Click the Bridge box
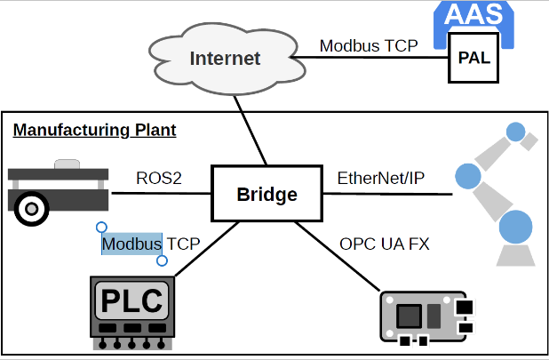click(x=266, y=194)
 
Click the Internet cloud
click(x=225, y=59)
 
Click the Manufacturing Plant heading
click(x=94, y=131)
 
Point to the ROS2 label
click(x=159, y=179)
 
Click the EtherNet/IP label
click(x=380, y=179)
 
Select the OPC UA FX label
click(x=384, y=243)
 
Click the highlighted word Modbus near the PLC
click(x=131, y=243)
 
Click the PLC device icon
click(x=130, y=310)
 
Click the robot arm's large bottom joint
click(x=516, y=227)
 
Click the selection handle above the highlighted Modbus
click(x=101, y=228)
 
